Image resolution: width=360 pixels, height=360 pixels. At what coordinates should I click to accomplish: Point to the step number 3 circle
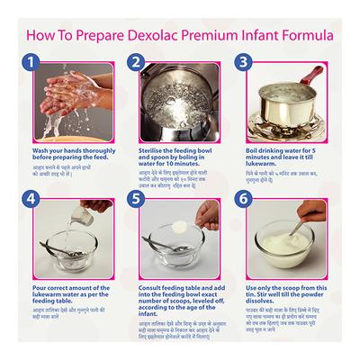pos(243,63)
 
